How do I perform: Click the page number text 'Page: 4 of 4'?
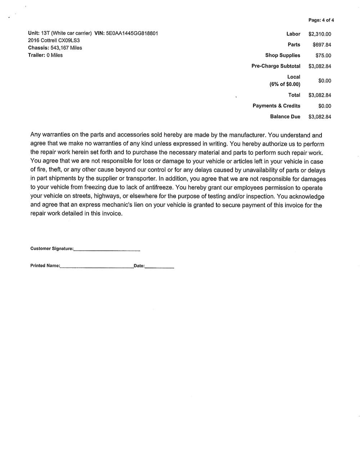point(321,20)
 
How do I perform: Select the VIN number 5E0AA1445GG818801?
point(132,33)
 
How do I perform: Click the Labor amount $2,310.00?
point(320,34)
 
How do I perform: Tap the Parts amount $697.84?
point(322,45)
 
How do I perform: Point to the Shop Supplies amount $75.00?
point(323,56)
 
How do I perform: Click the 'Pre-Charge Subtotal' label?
point(276,66)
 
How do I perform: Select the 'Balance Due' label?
point(285,117)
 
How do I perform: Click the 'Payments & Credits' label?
point(276,106)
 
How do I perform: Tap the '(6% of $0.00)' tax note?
point(285,84)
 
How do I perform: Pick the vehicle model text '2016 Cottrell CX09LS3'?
point(54,41)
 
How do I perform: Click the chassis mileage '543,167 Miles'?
point(66,48)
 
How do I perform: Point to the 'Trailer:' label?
point(36,55)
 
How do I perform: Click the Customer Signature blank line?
point(107,250)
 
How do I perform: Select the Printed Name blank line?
point(96,267)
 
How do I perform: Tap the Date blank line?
point(159,267)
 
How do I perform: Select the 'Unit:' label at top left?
point(34,33)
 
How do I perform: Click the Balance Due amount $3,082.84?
point(320,117)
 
